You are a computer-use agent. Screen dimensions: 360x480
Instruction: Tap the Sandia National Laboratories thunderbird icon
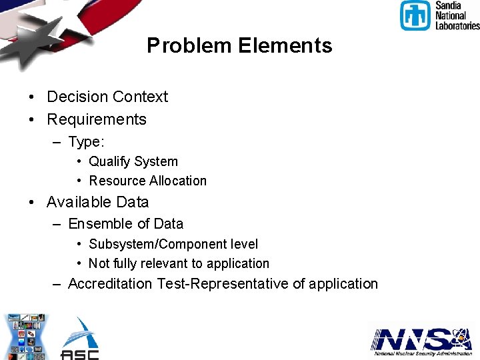pos(415,15)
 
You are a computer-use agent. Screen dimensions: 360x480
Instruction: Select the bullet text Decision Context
pos(107,97)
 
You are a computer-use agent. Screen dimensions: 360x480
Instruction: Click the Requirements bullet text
pos(97,119)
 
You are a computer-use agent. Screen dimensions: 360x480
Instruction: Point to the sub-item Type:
pos(87,142)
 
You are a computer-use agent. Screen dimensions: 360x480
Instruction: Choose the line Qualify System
pos(133,161)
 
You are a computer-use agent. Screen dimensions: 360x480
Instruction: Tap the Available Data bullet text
pos(98,202)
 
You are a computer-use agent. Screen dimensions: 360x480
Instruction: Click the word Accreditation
pos(110,284)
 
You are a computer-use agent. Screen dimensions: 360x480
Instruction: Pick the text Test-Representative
pos(223,284)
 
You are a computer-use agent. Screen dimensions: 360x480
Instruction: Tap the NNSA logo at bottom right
pos(421,340)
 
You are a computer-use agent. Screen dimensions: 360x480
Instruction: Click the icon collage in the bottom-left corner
pos(24,337)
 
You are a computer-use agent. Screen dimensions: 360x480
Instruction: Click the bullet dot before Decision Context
pos(32,97)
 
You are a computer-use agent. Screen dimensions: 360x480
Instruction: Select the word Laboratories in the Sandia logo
pos(457,25)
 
